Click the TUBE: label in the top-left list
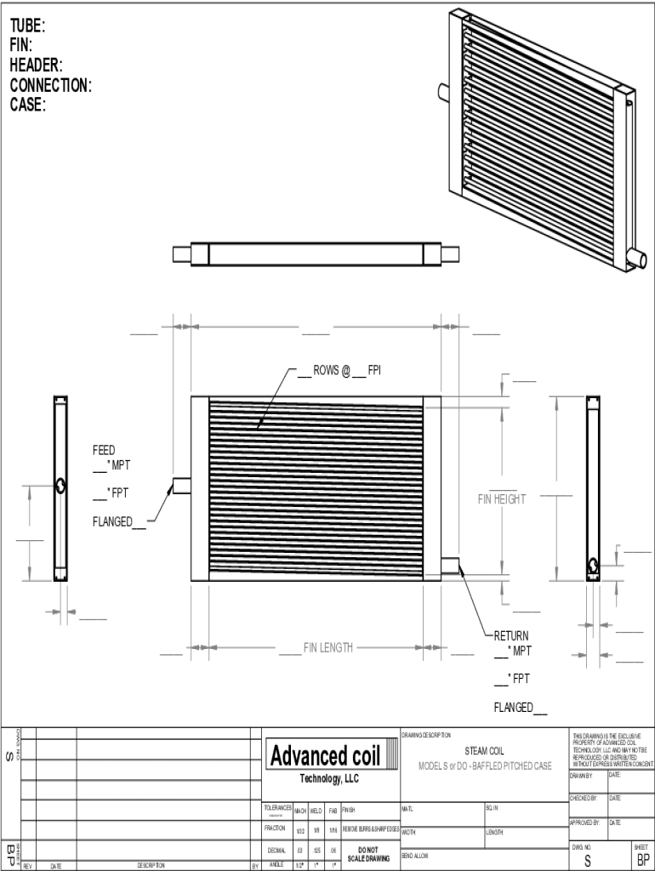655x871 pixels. [28, 26]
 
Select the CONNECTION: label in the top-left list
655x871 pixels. [50, 85]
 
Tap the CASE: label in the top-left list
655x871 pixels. [27, 105]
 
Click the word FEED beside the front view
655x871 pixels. [104, 450]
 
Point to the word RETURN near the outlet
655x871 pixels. [511, 635]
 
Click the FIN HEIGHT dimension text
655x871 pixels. [501, 499]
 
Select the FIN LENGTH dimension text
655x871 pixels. [328, 648]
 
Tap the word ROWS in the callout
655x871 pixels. [326, 370]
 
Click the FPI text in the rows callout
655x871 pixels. [374, 370]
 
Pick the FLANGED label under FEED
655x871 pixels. [112, 521]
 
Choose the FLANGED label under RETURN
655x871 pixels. [514, 708]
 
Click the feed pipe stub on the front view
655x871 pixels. [181, 486]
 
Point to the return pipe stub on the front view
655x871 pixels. [450, 565]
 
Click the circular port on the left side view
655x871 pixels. [60, 486]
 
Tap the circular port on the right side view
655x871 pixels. [593, 565]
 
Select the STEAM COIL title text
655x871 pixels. [484, 751]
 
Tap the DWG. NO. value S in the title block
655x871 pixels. [586, 861]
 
